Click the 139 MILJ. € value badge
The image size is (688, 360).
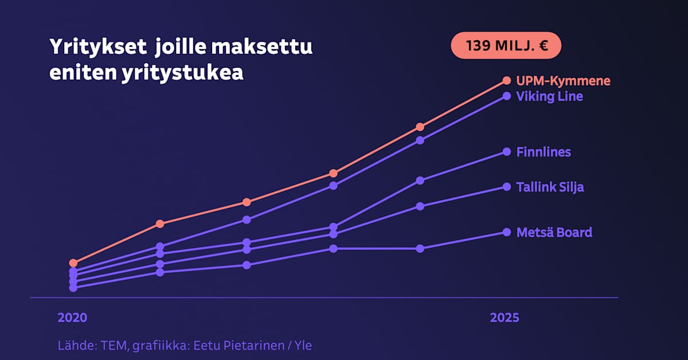point(506,46)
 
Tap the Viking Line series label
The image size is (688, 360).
point(549,96)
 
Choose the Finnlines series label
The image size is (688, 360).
point(543,152)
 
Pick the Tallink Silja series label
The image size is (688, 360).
point(550,187)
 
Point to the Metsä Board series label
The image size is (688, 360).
point(554,233)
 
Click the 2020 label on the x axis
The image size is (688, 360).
point(73,318)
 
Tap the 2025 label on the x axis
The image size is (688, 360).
point(505,318)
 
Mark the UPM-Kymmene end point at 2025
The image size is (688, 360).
point(506,80)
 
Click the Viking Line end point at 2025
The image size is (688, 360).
point(506,96)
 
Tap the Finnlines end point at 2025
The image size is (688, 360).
point(506,151)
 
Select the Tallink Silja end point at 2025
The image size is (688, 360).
point(506,186)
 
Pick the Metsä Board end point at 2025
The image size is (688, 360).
point(506,232)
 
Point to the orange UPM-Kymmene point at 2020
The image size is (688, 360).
point(73,263)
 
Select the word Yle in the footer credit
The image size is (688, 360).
point(303,346)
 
